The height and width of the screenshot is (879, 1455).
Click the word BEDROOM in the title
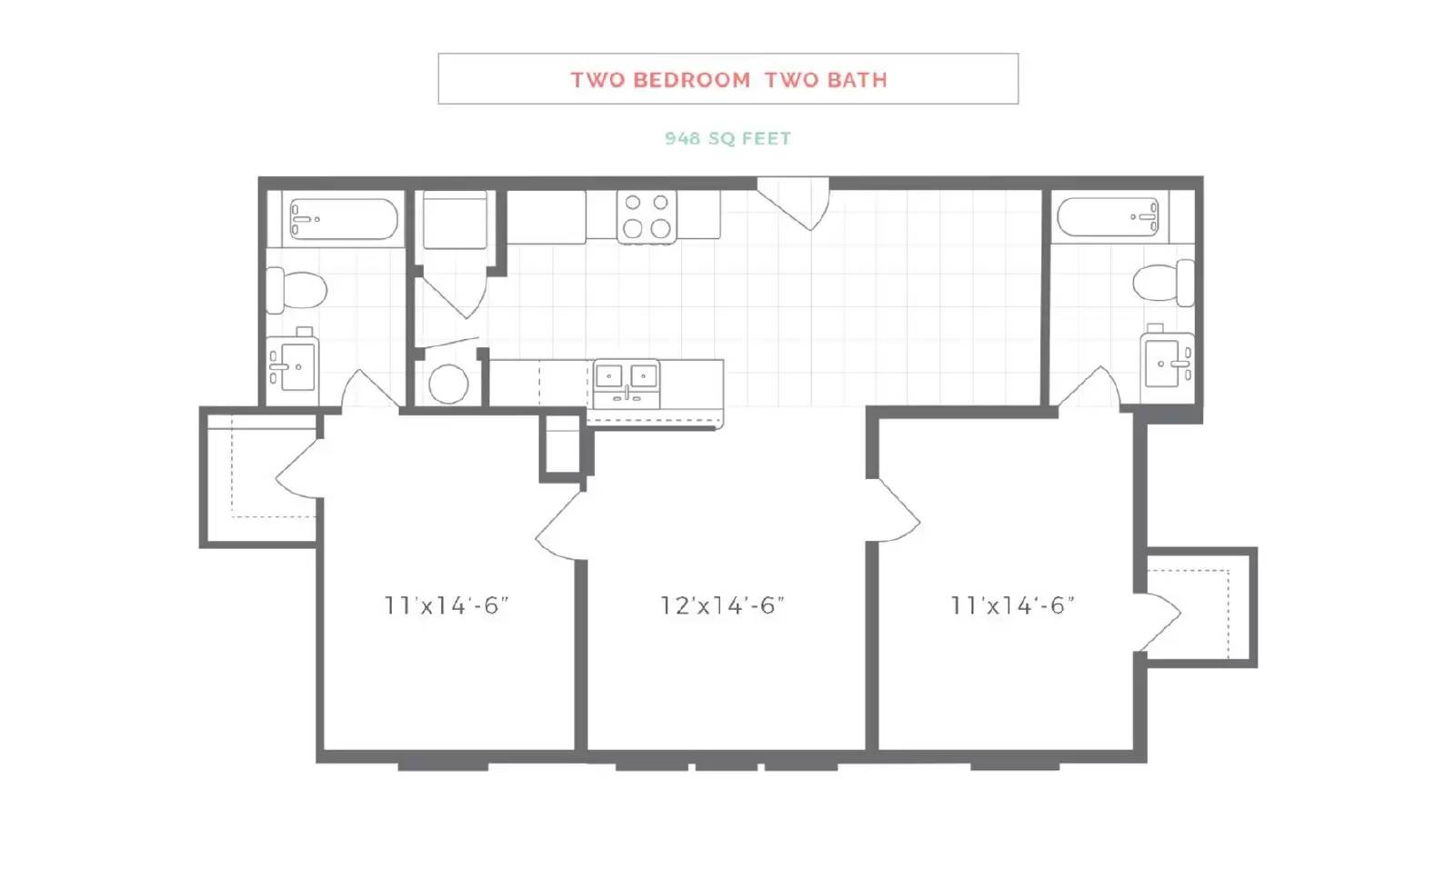coord(692,80)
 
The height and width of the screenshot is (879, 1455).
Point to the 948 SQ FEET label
coord(727,138)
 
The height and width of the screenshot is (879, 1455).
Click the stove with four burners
coord(647,217)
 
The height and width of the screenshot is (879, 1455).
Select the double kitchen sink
coord(627,384)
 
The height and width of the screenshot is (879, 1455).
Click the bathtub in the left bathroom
coord(344,219)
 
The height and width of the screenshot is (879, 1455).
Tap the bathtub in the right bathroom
coord(1108,217)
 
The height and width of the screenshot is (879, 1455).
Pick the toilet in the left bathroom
coord(296,291)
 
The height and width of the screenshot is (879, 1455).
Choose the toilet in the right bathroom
coord(1163,283)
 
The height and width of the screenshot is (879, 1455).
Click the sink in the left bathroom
coord(293,364)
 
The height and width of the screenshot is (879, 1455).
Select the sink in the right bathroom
coord(1168,359)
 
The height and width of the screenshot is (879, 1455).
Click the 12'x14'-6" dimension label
coord(722,605)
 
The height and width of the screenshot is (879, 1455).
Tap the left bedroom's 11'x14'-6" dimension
coord(447,605)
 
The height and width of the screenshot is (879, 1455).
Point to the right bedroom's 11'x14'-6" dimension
coord(1012,605)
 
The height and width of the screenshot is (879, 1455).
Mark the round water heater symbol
coord(448,384)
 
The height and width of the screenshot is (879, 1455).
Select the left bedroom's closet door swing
coord(300,469)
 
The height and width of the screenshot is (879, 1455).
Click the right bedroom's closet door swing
coord(1158,622)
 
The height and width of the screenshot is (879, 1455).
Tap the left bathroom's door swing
coord(369,390)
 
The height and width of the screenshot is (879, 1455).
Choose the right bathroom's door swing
coord(1089,387)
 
